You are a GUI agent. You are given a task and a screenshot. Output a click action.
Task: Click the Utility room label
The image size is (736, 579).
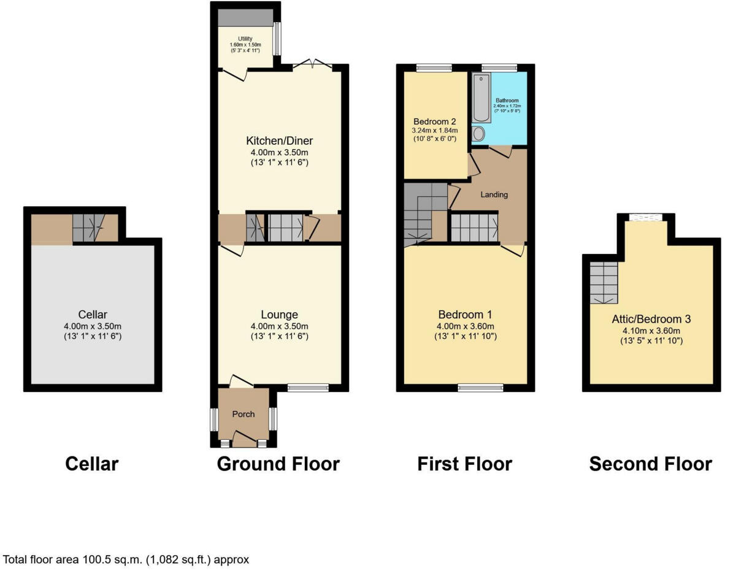point(245,39)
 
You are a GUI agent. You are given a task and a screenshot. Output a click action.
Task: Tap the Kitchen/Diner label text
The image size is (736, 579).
point(280,140)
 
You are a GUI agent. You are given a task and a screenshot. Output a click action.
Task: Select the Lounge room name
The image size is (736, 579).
point(280,315)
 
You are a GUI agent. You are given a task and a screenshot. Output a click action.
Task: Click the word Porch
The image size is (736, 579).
point(243,414)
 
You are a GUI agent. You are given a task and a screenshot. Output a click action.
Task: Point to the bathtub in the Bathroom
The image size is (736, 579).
point(481,98)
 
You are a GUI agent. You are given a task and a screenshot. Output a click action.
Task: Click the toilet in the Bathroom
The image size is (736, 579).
point(480,134)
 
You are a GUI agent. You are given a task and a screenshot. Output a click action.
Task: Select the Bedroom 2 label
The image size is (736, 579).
point(434,121)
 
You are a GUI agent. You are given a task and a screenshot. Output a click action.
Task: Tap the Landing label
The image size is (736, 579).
point(494,195)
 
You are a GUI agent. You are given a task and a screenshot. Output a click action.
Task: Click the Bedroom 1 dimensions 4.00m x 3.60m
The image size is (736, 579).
point(465,326)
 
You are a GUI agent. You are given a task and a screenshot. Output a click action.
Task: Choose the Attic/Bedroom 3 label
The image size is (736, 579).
point(651,319)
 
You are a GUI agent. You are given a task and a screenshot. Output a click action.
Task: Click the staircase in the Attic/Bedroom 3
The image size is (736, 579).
point(604,282)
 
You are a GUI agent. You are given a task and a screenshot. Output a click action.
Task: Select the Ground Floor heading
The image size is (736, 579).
point(278,464)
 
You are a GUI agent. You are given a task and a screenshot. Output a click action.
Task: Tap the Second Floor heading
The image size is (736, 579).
point(650,464)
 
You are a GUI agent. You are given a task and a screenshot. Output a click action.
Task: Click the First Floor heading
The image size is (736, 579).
point(464,464)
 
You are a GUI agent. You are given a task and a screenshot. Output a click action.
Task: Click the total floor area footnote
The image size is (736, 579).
point(126,559)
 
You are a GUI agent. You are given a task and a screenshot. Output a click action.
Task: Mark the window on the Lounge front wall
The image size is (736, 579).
point(308,387)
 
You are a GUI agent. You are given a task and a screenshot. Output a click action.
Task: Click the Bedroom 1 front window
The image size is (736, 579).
point(481,387)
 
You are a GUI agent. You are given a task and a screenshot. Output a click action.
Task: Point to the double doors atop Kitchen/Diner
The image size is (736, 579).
point(313,63)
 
